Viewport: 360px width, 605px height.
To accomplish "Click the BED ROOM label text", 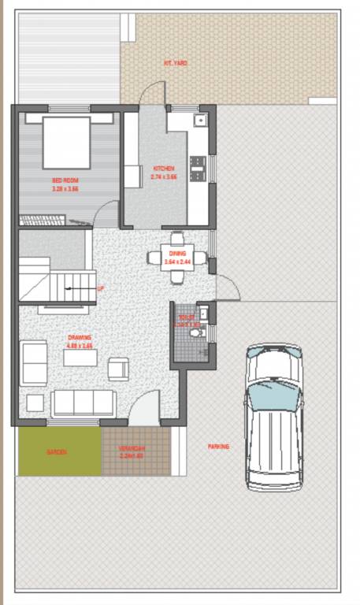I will pos(66,180).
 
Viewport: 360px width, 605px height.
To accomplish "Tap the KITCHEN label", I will pos(165,168).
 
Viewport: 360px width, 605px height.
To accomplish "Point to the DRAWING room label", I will pos(79,338).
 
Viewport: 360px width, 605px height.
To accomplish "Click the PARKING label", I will pos(218,446).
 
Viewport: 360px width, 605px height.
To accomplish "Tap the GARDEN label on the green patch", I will pos(57,452).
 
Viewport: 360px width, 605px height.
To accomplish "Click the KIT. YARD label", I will pos(175,63).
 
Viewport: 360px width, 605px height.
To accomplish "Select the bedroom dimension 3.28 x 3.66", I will pos(66,189).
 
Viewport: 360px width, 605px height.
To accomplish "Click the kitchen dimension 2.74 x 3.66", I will pos(165,177).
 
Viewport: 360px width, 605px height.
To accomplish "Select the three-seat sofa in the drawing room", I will pos(84,403).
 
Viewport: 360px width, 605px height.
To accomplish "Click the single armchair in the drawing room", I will pos(118,369).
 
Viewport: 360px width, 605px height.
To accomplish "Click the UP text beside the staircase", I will pos(100,288).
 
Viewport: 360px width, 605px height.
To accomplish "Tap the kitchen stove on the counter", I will pos(198,166).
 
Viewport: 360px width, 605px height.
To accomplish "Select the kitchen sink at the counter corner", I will pos(200,121).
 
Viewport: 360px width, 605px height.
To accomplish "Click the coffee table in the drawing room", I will pos(80,358).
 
